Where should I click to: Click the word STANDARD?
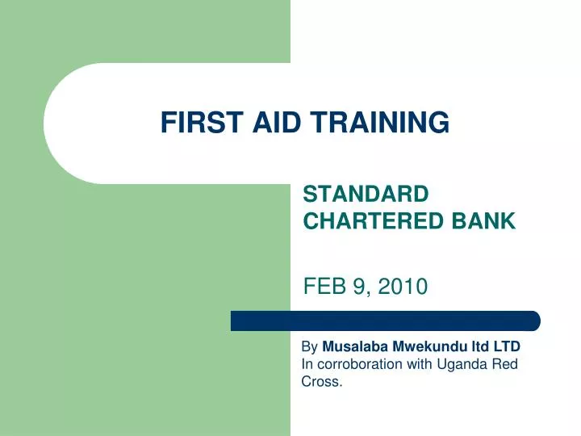[x=365, y=195]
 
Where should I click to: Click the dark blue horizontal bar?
[x=386, y=321]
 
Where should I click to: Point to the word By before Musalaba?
[x=309, y=346]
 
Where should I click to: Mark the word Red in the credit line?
[x=504, y=364]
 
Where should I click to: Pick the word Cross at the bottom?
[x=321, y=382]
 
